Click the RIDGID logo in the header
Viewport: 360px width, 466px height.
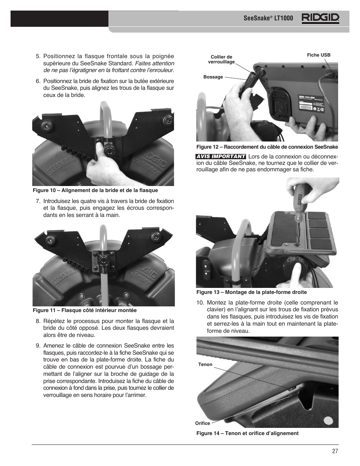pyautogui.click(x=320, y=18)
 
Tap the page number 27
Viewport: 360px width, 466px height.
pyautogui.click(x=335, y=451)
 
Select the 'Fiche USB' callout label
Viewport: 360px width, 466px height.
pyautogui.click(x=318, y=55)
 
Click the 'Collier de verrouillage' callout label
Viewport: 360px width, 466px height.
pyautogui.click(x=222, y=60)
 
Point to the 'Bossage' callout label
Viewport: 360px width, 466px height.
pyautogui.click(x=213, y=77)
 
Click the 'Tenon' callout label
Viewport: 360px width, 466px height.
pyautogui.click(x=205, y=364)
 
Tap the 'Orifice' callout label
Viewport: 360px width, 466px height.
pyautogui.click(x=203, y=423)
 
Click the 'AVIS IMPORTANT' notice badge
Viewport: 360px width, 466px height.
pyautogui.click(x=221, y=156)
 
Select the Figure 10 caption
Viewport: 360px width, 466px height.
pyautogui.click(x=95, y=190)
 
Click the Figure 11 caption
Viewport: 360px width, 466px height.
pyautogui.click(x=85, y=310)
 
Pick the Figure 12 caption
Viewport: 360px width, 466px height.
pyautogui.click(x=267, y=147)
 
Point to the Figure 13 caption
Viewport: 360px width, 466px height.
pyautogui.click(x=251, y=292)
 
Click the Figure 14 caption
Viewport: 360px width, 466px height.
pyautogui.click(x=247, y=433)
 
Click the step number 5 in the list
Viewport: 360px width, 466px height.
pyautogui.click(x=38, y=57)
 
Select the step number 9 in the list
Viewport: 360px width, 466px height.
pyautogui.click(x=38, y=346)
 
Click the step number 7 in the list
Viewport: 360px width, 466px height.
pyautogui.click(x=38, y=201)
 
